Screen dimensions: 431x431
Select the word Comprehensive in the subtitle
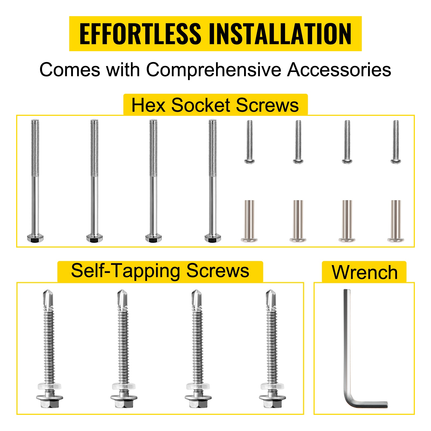[x=214, y=70]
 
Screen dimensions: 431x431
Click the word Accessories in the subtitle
[x=339, y=70]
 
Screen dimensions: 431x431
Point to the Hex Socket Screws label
[x=215, y=105]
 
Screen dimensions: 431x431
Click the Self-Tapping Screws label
[x=160, y=271]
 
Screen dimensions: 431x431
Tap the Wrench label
[x=364, y=272]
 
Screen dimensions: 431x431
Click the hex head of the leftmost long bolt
[x=35, y=238]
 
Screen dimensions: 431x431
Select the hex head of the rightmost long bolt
[x=213, y=238]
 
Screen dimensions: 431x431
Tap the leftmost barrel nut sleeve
[x=249, y=221]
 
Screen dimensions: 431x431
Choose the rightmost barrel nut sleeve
[x=396, y=221]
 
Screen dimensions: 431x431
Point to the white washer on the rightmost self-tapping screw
[x=272, y=386]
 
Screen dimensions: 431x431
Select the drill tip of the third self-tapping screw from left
[x=197, y=299]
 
